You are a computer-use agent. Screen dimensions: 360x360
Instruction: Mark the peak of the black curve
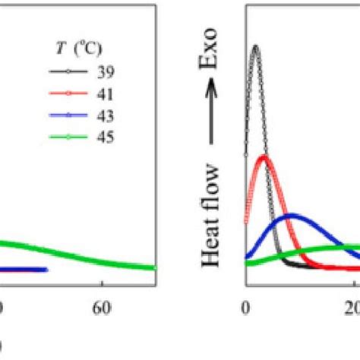click(x=255, y=46)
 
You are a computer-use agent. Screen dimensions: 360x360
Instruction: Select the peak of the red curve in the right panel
click(x=263, y=156)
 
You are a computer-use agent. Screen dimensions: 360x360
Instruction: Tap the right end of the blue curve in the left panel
click(x=46, y=270)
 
